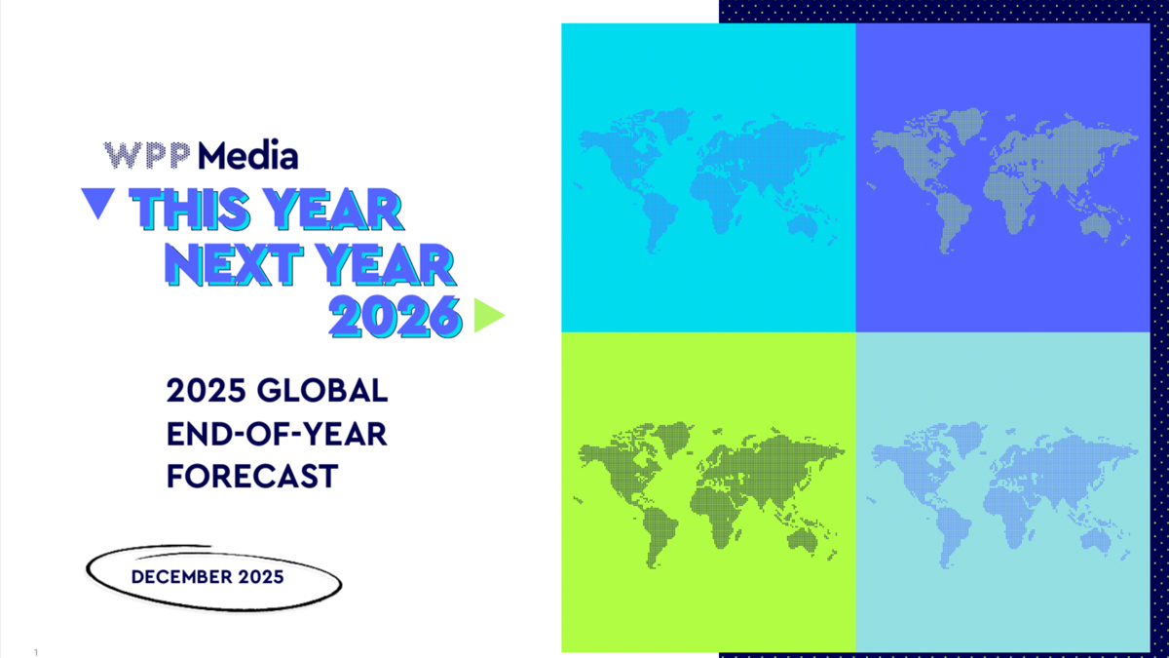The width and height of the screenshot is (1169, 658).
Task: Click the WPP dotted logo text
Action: (x=147, y=156)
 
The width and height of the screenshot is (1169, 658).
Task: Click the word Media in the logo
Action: (x=247, y=155)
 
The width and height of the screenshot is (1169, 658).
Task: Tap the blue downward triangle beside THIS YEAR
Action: (x=98, y=203)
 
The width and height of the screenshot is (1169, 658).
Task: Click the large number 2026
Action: (x=396, y=317)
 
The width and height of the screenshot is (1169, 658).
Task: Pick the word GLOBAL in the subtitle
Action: (x=322, y=390)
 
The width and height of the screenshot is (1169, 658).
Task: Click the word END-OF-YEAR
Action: (x=277, y=434)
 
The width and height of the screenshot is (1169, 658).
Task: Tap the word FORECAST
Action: (x=252, y=476)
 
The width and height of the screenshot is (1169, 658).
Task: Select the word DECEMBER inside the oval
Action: (x=181, y=577)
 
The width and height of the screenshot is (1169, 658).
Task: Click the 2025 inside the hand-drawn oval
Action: (x=261, y=577)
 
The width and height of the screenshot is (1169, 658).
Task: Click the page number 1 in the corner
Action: (x=36, y=652)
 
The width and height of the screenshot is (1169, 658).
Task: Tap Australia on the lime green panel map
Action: (x=802, y=539)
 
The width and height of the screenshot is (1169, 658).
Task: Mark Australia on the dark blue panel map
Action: (x=1095, y=225)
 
